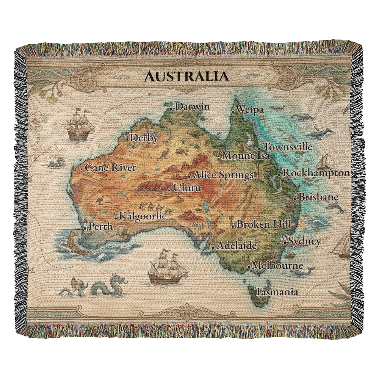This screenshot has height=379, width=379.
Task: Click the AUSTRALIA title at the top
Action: tap(186, 76)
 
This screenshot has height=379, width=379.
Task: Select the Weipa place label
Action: tap(249, 110)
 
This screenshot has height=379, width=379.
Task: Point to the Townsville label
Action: tap(288, 147)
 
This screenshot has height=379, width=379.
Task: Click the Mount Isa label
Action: tap(246, 155)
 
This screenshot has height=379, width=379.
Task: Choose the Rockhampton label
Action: tap(316, 173)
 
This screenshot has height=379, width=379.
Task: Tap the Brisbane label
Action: tap(318, 197)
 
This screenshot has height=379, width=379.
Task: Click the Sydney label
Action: tap(304, 241)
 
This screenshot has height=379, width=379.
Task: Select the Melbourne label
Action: tap(277, 266)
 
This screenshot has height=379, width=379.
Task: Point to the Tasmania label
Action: tap(277, 292)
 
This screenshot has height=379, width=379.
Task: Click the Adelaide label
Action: tap(236, 246)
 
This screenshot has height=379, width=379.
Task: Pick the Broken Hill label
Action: tap(264, 224)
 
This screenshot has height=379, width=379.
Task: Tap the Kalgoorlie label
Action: tap(143, 216)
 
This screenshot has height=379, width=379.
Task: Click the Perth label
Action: tap(100, 227)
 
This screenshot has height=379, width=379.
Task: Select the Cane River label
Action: tap(110, 168)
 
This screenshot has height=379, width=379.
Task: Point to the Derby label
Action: tap(144, 138)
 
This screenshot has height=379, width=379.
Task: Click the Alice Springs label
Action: tap(223, 175)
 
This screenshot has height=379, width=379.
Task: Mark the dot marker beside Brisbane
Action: tap(295, 198)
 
